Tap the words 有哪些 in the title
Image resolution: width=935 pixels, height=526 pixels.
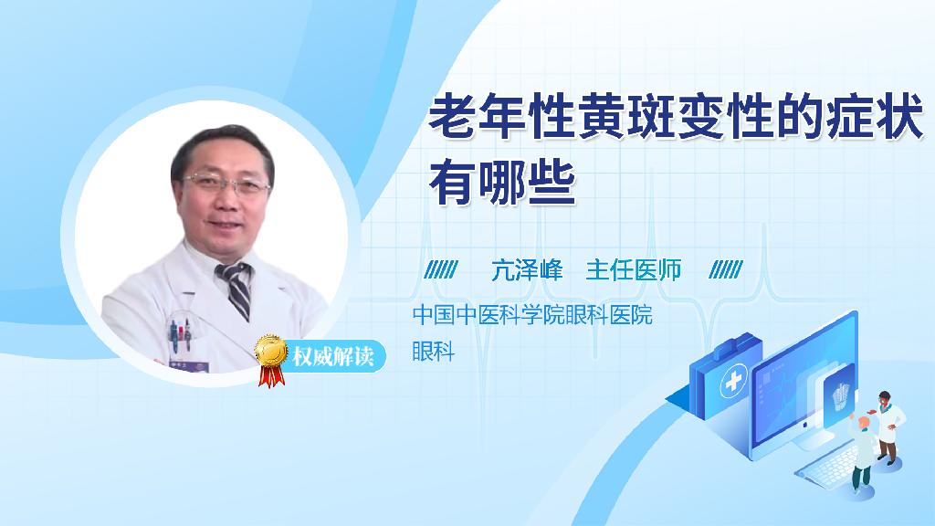(502, 182)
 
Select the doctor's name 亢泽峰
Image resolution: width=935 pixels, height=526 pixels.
(527, 270)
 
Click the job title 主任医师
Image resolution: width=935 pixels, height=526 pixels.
(634, 270)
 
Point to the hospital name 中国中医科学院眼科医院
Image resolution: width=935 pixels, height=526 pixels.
(532, 314)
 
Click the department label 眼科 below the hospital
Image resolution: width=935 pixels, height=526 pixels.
(434, 351)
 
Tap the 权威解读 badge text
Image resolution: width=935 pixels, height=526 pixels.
(332, 357)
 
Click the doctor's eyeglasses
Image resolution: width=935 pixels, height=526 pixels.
(226, 184)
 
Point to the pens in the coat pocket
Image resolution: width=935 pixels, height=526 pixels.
(180, 334)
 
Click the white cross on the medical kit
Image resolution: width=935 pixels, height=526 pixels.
(733, 381)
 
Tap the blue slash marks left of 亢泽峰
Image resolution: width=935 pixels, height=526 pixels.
(441, 270)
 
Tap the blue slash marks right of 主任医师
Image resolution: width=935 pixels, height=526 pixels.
(726, 270)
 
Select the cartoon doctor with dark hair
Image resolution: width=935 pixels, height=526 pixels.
(888, 427)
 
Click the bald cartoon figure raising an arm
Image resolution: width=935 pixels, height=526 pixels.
(862, 451)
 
